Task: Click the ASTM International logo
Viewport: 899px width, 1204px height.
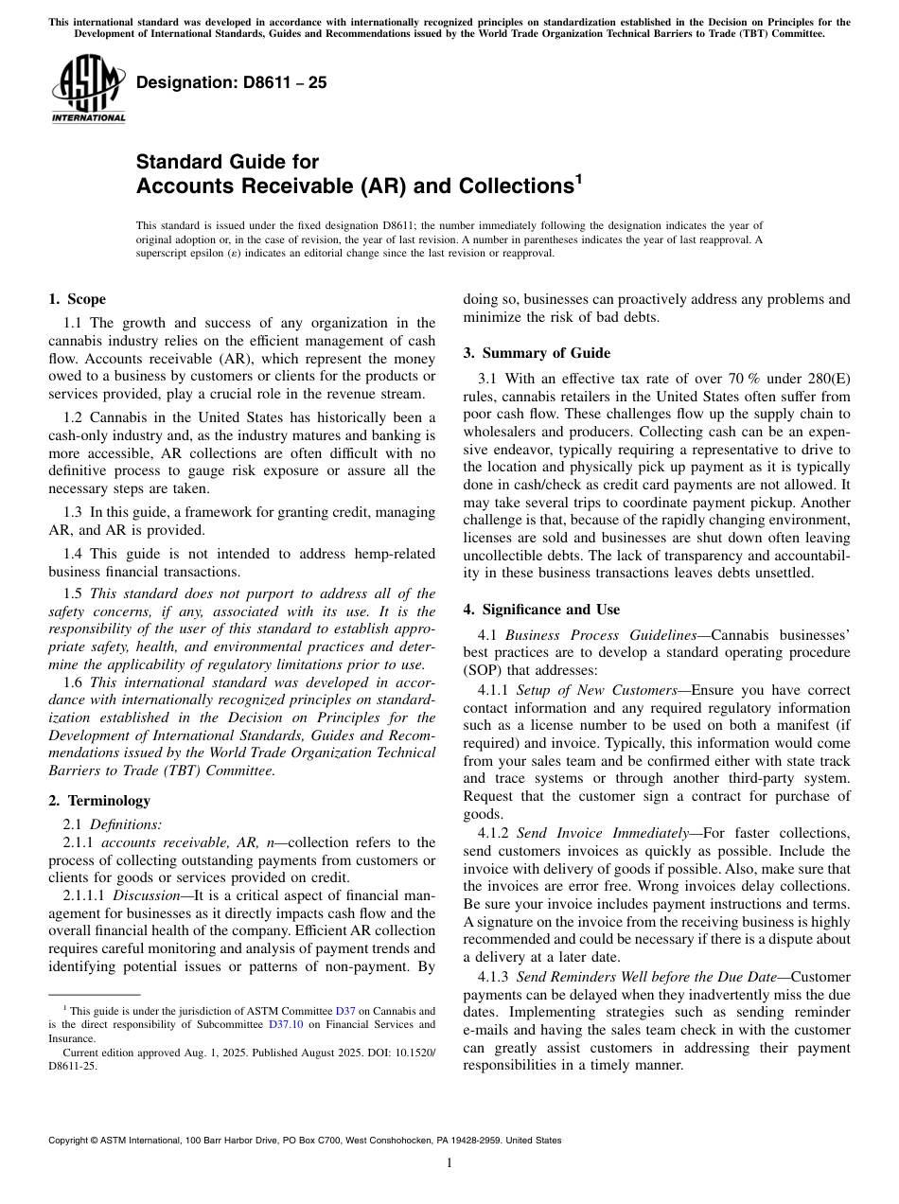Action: click(x=87, y=87)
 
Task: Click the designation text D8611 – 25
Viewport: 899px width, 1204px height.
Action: click(x=232, y=82)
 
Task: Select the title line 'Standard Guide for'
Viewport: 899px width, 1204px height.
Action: click(x=227, y=162)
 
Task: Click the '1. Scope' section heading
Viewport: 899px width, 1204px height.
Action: click(x=78, y=299)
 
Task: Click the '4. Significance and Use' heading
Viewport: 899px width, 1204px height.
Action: click(x=541, y=610)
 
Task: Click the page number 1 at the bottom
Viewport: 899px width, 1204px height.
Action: click(x=449, y=1163)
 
